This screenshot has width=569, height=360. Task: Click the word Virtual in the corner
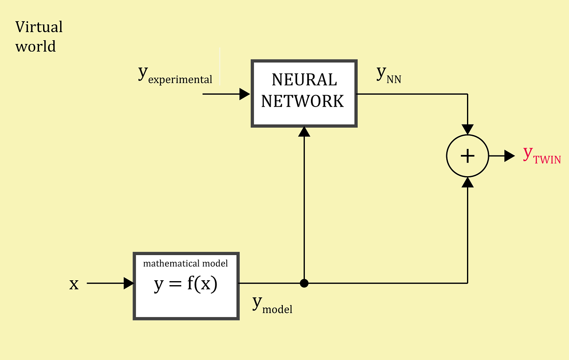click(39, 27)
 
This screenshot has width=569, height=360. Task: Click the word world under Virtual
click(36, 46)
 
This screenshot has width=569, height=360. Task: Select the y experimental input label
click(175, 75)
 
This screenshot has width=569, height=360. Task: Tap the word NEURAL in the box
click(304, 80)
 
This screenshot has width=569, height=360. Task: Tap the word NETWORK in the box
click(303, 101)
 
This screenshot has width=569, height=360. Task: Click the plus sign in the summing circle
click(468, 156)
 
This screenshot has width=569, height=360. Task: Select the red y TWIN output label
click(542, 155)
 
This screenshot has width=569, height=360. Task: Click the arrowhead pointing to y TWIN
click(510, 156)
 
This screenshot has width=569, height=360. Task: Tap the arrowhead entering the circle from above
click(468, 129)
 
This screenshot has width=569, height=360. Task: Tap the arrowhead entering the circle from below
click(468, 182)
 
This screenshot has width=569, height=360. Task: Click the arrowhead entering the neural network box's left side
click(245, 94)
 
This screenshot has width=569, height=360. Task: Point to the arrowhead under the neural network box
click(304, 131)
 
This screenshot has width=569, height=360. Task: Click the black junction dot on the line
click(304, 283)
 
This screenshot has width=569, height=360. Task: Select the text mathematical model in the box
click(185, 264)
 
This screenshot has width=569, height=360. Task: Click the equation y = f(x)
click(186, 284)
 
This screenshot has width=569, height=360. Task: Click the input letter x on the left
click(74, 284)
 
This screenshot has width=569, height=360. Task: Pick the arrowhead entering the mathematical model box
click(128, 283)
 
